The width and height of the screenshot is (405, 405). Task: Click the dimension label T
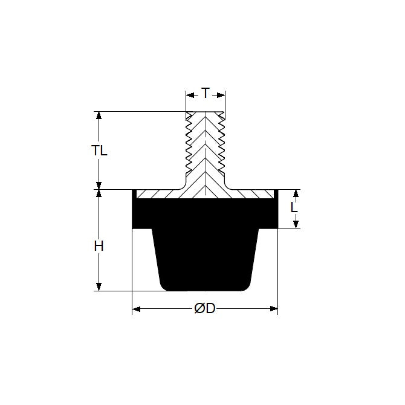click(206, 93)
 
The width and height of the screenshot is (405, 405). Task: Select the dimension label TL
click(99, 151)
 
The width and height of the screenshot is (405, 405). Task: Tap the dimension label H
click(99, 246)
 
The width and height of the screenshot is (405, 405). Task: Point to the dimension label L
click(294, 207)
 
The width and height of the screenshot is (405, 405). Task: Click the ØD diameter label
click(205, 308)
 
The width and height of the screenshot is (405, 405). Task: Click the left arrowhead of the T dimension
click(190, 96)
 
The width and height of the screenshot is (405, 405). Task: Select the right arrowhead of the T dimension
click(221, 96)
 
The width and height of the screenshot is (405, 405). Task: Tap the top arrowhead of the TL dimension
click(99, 115)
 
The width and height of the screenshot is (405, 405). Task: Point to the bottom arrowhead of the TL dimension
click(99, 186)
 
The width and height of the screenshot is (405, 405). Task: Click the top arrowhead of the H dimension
click(99, 193)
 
